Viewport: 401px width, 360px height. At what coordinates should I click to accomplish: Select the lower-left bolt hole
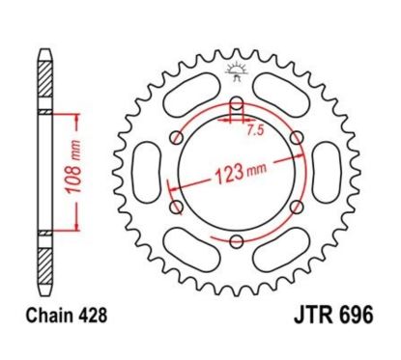click(x=176, y=207)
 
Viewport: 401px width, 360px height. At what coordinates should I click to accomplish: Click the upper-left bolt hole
click(x=176, y=141)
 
